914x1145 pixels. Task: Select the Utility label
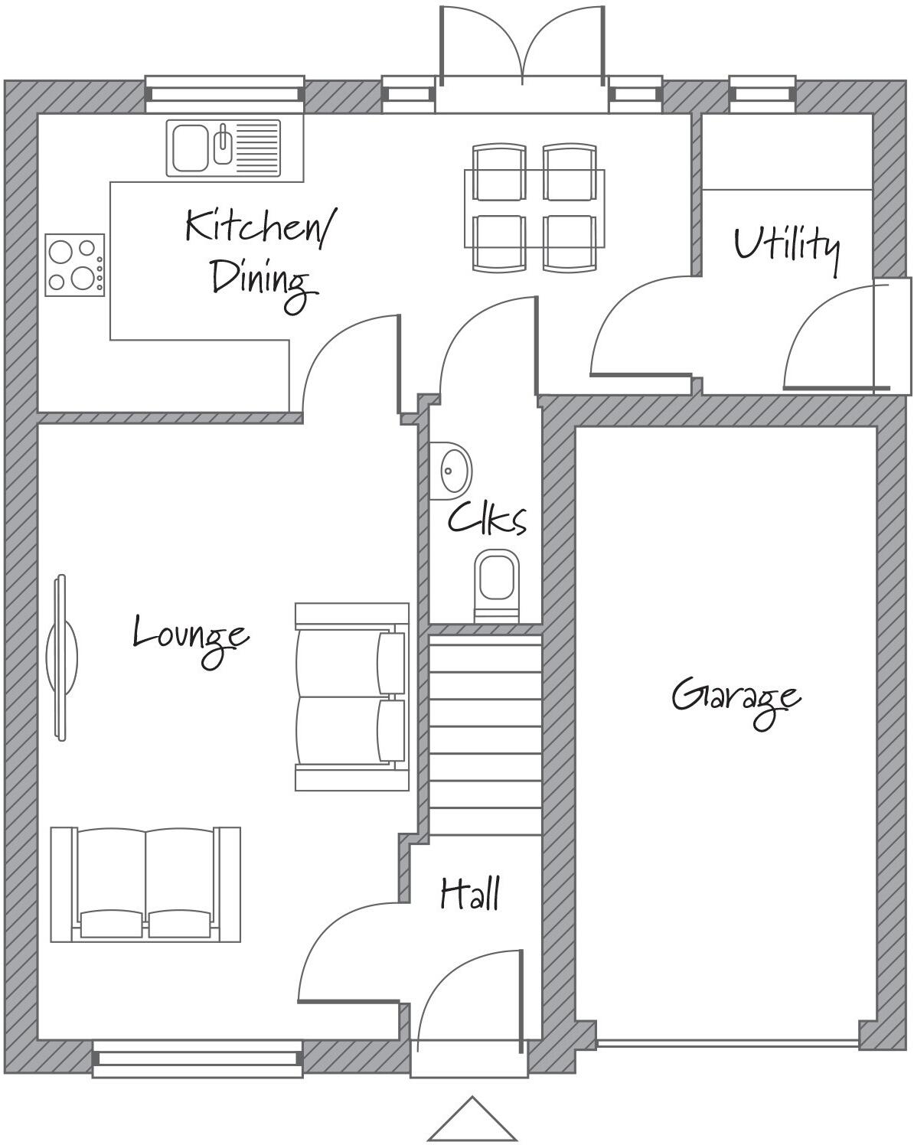pyautogui.click(x=786, y=246)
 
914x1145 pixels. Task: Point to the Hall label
pyautogui.click(x=470, y=893)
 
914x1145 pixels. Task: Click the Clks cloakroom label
pyautogui.click(x=487, y=518)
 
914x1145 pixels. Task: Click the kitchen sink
pyautogui.click(x=223, y=148)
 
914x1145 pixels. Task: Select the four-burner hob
pyautogui.click(x=74, y=266)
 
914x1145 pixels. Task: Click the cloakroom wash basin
pyautogui.click(x=453, y=468)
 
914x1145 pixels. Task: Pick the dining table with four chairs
pyautogui.click(x=534, y=207)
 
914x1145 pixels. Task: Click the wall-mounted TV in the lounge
pyautogui.click(x=61, y=657)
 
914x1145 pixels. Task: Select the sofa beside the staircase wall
pyautogui.click(x=351, y=696)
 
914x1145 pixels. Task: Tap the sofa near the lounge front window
pyautogui.click(x=145, y=885)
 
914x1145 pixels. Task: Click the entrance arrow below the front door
pyautogui.click(x=472, y=1121)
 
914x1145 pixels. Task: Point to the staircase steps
pyautogui.click(x=484, y=735)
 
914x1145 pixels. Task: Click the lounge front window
pyautogui.click(x=197, y=1059)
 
